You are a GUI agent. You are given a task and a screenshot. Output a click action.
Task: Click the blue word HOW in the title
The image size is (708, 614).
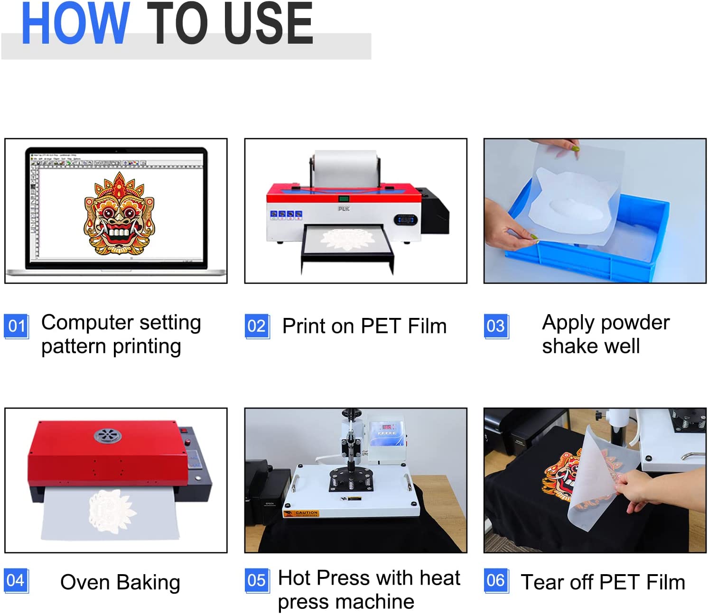click(75, 24)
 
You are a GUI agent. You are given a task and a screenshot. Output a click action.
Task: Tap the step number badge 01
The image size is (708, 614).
click(17, 326)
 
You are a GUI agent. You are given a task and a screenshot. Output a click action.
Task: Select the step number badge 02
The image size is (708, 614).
click(257, 326)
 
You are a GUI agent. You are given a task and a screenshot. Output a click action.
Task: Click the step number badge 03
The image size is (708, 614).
click(496, 326)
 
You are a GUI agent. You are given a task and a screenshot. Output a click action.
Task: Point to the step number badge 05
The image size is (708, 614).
click(257, 580)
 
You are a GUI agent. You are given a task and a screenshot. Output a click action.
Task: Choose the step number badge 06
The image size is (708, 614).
click(496, 580)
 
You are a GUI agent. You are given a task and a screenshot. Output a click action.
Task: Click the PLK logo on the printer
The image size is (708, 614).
click(344, 209)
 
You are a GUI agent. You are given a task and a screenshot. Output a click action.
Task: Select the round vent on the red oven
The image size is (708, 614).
click(107, 435)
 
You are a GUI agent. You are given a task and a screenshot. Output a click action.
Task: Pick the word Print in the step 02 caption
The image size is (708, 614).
click(304, 326)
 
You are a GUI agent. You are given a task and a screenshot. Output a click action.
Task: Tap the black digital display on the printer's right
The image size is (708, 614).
click(406, 220)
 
